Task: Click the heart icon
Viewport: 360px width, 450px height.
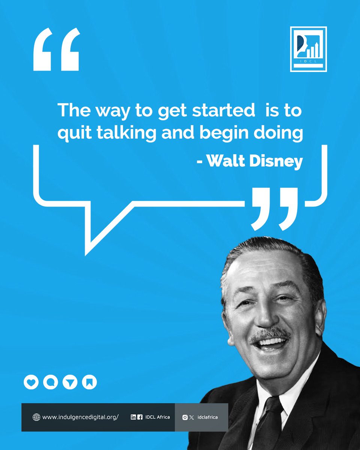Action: [31, 382]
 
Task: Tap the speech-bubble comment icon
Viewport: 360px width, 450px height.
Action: [50, 382]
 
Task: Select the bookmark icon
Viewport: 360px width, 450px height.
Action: [89, 382]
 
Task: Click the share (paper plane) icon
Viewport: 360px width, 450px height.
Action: [70, 382]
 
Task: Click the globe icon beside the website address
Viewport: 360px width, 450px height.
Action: [36, 417]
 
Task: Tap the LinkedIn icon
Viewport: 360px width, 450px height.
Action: [133, 417]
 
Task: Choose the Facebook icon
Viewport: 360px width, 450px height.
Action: [140, 417]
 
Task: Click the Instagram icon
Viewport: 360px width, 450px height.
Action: [184, 417]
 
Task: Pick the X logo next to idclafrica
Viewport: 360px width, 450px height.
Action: [192, 417]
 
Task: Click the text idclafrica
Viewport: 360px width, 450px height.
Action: [207, 417]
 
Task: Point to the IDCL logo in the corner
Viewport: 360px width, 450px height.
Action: [308, 49]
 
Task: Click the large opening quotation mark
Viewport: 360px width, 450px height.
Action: [57, 49]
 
